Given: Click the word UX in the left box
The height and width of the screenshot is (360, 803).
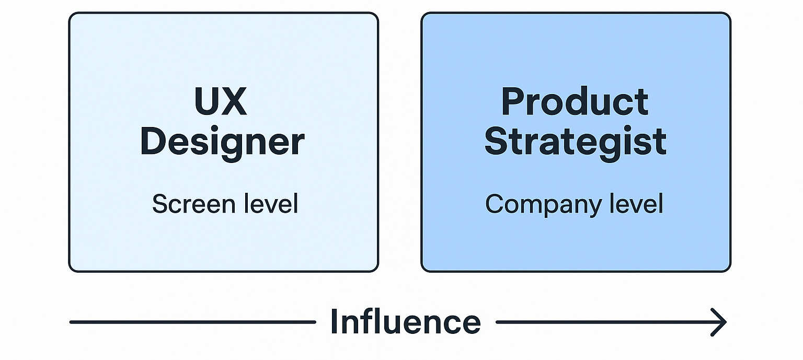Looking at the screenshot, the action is [x=220, y=102].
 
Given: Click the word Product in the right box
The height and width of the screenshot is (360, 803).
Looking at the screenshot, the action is [x=575, y=102].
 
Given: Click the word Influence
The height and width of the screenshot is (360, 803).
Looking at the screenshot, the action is [x=405, y=322].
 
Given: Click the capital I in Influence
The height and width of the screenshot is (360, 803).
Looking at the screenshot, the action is [x=334, y=322].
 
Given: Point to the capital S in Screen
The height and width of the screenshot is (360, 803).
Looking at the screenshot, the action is [x=159, y=204].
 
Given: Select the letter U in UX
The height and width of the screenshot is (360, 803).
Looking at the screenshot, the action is [x=206, y=102].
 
